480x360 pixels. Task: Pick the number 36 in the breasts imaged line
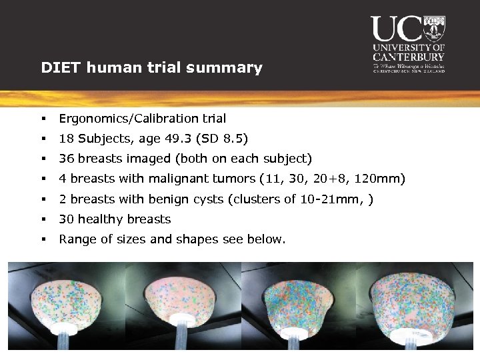coord(66,159)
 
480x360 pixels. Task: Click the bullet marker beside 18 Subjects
coord(42,139)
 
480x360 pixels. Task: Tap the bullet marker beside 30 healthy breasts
coord(42,219)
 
